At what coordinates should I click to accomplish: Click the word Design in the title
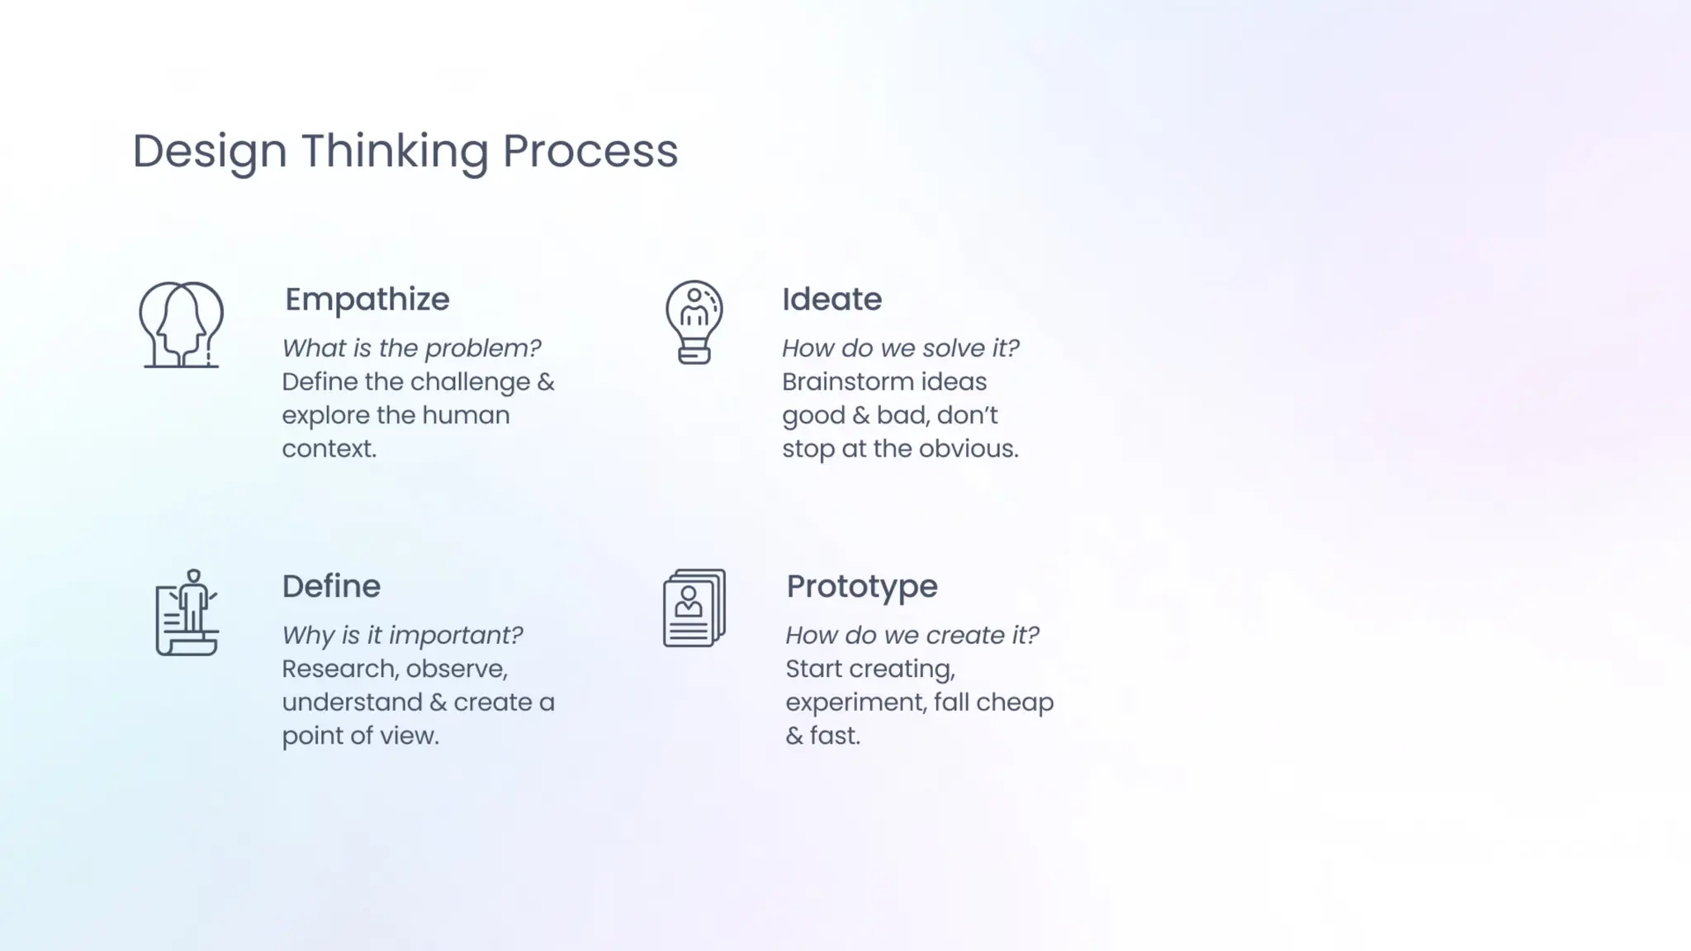[210, 152]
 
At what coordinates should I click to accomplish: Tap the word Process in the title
[590, 152]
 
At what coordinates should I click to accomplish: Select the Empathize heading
[367, 300]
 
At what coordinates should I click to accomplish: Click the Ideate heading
[831, 300]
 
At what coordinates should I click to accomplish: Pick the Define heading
[331, 587]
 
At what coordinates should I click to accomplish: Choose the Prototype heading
[861, 587]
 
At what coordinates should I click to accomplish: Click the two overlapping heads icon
[181, 324]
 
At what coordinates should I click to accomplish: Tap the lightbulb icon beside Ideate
[694, 322]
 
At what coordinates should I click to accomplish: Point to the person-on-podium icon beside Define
[187, 613]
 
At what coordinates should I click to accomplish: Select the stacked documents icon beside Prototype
[694, 608]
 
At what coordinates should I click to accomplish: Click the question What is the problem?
[411, 348]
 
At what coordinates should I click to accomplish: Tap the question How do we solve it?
[900, 348]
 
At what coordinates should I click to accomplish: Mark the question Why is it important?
[402, 636]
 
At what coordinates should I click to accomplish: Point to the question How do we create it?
[912, 636]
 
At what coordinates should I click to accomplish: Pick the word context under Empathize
[329, 449]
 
